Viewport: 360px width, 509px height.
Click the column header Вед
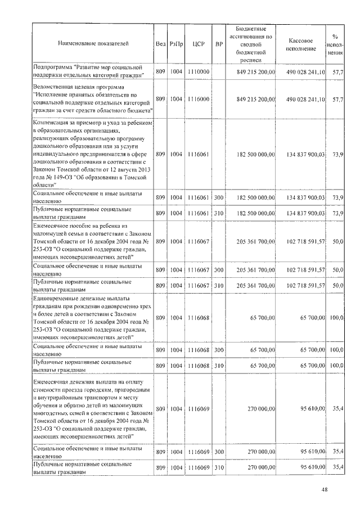(160, 43)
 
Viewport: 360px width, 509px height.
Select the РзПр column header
(176, 43)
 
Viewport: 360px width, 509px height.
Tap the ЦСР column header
(197, 43)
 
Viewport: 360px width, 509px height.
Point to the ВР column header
(219, 43)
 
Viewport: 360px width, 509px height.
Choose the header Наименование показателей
(93, 43)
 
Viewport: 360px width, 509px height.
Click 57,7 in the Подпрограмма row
(338, 73)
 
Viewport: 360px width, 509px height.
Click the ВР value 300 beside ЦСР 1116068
(219, 350)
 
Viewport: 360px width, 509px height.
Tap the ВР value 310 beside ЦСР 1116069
(219, 468)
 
